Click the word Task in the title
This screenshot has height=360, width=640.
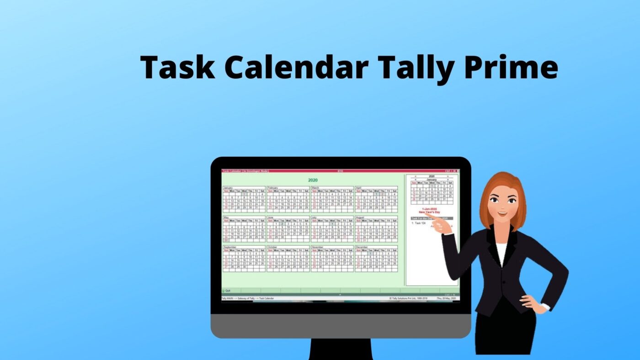coord(177,67)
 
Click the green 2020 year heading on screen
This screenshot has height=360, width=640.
coord(313,180)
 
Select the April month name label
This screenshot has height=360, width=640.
coord(359,188)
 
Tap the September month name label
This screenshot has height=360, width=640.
coord(230,247)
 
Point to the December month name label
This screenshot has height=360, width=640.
coord(362,247)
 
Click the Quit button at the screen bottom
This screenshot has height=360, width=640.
coord(227,291)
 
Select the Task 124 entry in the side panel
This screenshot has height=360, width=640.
coord(419,223)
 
